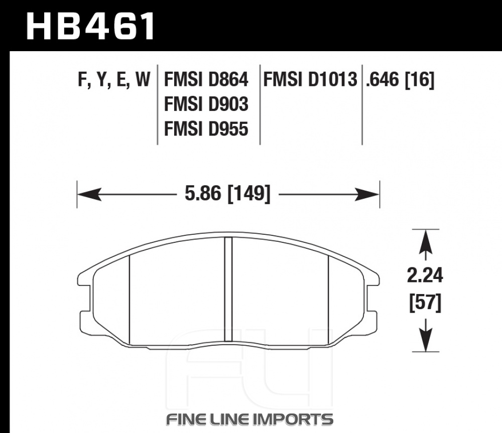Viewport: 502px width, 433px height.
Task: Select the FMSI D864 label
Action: point(206,79)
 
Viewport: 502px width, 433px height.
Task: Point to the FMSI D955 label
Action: point(206,129)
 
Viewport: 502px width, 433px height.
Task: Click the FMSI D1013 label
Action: point(310,79)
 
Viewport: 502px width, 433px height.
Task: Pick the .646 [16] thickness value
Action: point(400,80)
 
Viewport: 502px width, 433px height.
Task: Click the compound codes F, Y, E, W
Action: point(114,80)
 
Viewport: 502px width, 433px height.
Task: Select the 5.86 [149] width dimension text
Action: point(227,194)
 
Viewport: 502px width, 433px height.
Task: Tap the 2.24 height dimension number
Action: point(425,275)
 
